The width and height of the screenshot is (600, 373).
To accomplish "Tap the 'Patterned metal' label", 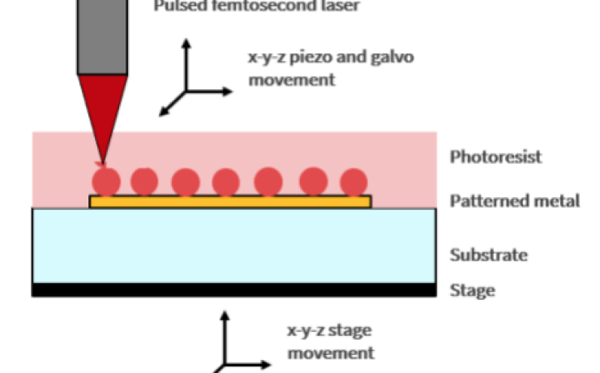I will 515,201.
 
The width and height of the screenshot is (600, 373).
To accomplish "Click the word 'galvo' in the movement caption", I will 380,59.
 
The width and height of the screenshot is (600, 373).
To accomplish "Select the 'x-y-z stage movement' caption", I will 331,341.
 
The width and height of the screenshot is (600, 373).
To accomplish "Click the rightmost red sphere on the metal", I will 353,181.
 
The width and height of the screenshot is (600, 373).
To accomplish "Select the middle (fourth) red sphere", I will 226,181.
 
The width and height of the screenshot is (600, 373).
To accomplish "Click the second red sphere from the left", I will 144,180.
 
